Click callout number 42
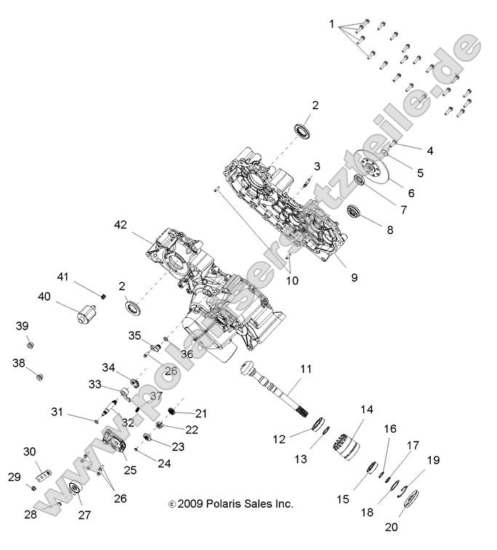[119, 225]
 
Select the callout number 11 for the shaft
[306, 370]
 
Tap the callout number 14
[366, 410]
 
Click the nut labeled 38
[41, 376]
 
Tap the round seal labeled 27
[74, 489]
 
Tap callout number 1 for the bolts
[332, 24]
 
